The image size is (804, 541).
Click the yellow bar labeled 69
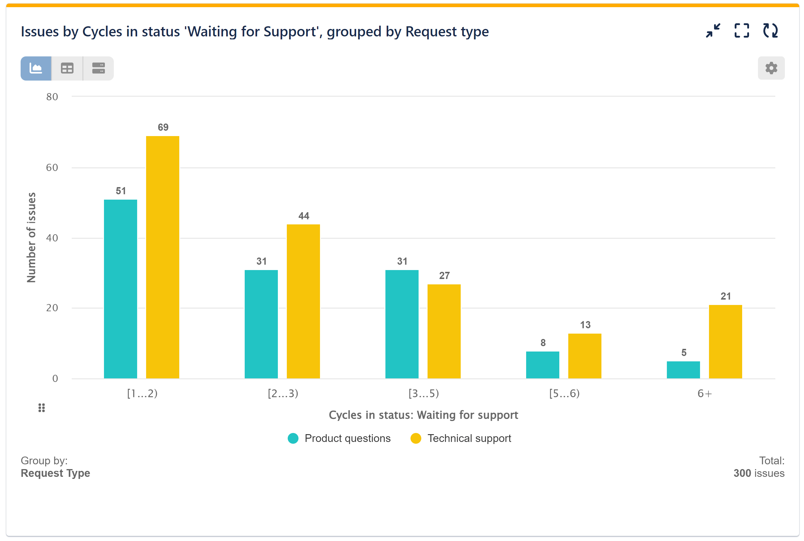tap(162, 257)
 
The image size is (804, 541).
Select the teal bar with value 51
tap(120, 289)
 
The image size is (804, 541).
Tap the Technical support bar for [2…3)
tap(303, 301)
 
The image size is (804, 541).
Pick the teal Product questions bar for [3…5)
tap(402, 324)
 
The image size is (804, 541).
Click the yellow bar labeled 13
tap(584, 356)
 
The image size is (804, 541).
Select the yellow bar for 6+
tap(725, 342)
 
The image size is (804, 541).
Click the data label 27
tap(444, 276)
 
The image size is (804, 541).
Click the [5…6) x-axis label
tap(564, 393)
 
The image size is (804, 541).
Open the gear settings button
tap(771, 68)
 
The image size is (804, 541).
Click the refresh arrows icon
tap(770, 31)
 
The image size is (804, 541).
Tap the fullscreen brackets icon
tap(742, 31)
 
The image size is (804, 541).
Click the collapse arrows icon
tap(713, 31)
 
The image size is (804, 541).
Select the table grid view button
tap(67, 68)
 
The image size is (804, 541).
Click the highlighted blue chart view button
tap(36, 68)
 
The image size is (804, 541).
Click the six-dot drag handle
tap(42, 408)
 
